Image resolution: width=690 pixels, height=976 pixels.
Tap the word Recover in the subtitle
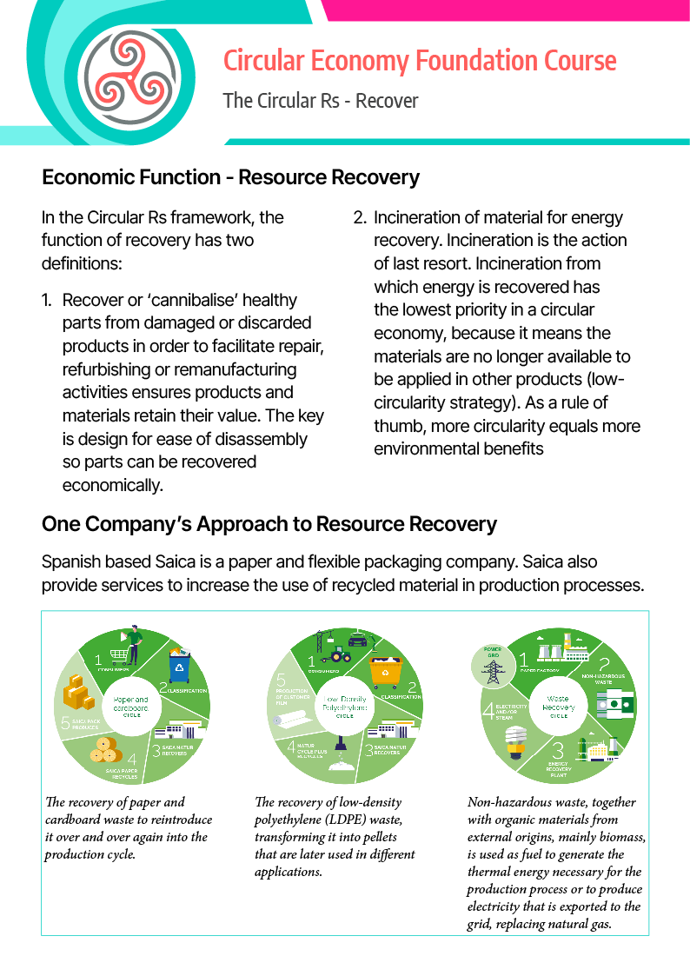click(387, 101)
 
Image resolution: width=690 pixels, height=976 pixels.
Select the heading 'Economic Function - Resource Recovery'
click(230, 178)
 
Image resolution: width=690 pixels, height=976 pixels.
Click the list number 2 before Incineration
click(360, 218)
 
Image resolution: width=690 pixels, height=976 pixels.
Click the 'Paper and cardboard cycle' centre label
click(131, 705)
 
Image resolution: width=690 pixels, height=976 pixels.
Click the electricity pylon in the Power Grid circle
click(493, 670)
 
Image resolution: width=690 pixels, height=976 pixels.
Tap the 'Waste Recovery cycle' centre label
click(558, 705)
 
